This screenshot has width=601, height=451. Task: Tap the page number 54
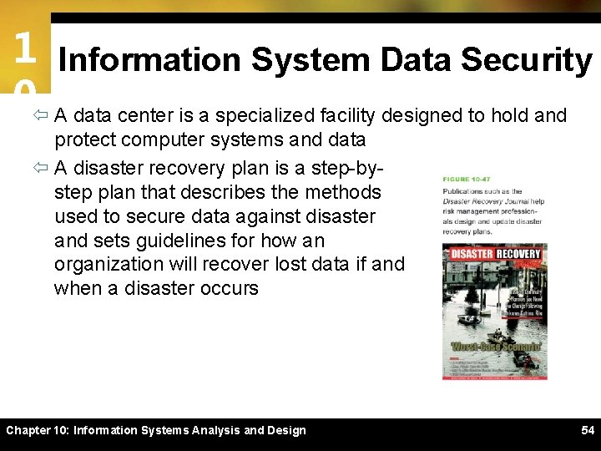(588, 430)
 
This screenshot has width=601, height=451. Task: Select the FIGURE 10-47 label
(467, 179)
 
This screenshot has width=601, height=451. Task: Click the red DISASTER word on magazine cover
(472, 254)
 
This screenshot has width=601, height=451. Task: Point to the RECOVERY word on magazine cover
(519, 254)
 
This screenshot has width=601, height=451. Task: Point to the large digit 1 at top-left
(24, 48)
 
